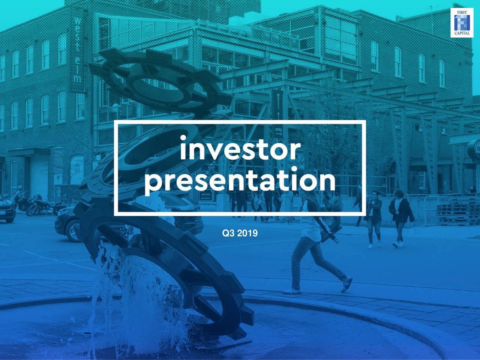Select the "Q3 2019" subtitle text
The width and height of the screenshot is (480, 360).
click(x=240, y=234)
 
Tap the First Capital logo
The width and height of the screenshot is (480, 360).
click(x=462, y=22)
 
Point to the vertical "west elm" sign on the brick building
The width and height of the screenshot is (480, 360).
click(x=78, y=49)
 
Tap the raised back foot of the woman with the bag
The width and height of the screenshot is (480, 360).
click(x=346, y=285)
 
